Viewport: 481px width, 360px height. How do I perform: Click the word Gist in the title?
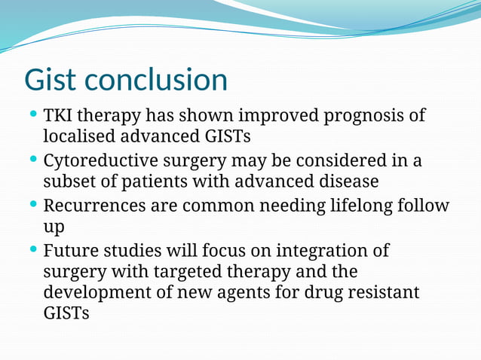pyautogui.click(x=51, y=80)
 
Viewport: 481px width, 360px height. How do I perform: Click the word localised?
pyautogui.click(x=79, y=137)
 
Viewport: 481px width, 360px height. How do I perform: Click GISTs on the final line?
pyautogui.click(x=66, y=313)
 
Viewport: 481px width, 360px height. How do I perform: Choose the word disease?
pyautogui.click(x=348, y=182)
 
